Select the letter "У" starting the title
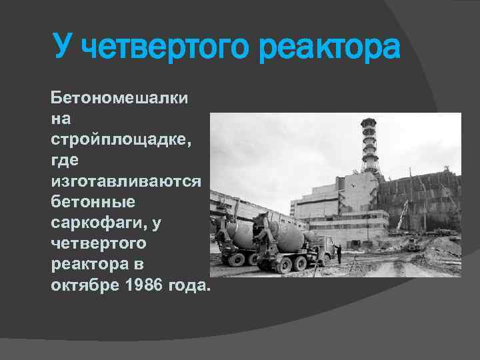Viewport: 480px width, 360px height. [x=63, y=48]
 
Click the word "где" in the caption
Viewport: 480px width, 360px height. [x=64, y=161]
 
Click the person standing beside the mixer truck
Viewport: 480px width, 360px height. [x=338, y=253]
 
